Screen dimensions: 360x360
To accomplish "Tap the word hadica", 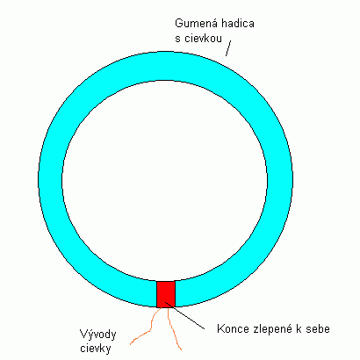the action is pyautogui.click(x=238, y=23).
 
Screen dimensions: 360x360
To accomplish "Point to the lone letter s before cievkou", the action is pyautogui.click(x=177, y=40).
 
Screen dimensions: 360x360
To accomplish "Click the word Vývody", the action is pyautogui.click(x=98, y=335).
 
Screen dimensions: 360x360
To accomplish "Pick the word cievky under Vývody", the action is pyautogui.click(x=96, y=349).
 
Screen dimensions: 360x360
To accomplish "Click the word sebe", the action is pyautogui.click(x=318, y=328).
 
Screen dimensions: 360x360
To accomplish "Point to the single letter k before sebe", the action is pyautogui.click(x=299, y=328).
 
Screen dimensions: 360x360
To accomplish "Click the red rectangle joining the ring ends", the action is pyautogui.click(x=166, y=294).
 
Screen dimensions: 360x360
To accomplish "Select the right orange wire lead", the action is pyautogui.click(x=174, y=328).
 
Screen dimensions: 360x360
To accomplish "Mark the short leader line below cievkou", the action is pyautogui.click(x=228, y=48).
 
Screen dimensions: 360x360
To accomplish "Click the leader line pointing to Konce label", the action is pyautogui.click(x=184, y=315).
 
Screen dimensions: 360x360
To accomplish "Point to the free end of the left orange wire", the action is pyautogui.click(x=131, y=344).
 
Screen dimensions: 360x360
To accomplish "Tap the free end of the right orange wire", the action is pyautogui.click(x=181, y=349).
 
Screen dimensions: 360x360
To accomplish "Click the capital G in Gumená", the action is pyautogui.click(x=178, y=23).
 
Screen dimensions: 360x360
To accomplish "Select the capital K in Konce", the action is pyautogui.click(x=220, y=328).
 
